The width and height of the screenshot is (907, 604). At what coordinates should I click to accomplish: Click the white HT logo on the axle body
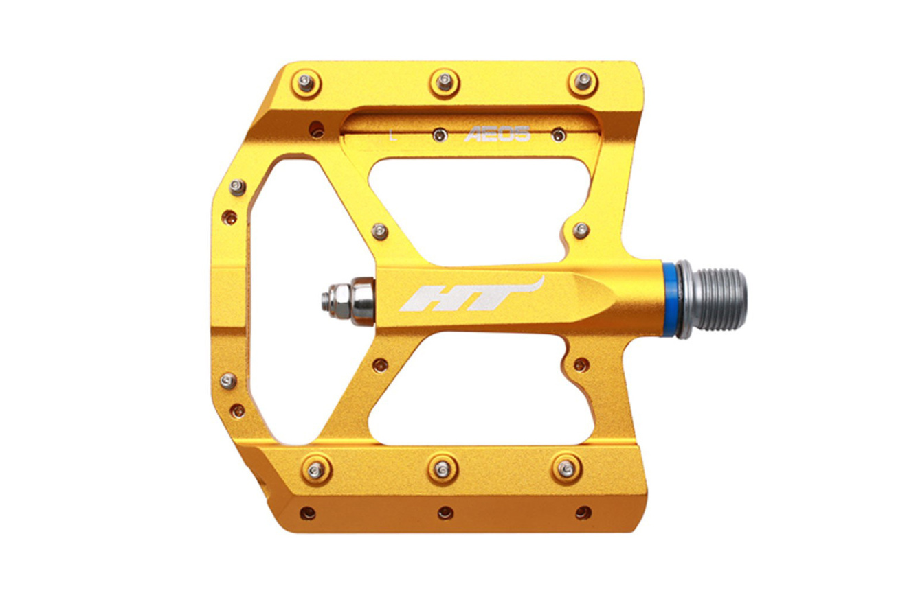[x=472, y=294]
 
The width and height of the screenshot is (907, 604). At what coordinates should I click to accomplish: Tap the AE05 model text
[x=497, y=134]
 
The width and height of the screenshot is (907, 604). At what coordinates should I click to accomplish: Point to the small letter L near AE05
[x=392, y=135]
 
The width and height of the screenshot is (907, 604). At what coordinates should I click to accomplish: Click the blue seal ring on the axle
[x=670, y=300]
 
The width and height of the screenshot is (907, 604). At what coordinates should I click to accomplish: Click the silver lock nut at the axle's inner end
[x=349, y=301]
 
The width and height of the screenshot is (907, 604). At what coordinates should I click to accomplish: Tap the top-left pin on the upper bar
[x=306, y=84]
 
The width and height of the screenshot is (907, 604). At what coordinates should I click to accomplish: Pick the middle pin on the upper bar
[x=445, y=83]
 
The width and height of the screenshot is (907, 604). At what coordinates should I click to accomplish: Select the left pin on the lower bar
[x=316, y=470]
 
